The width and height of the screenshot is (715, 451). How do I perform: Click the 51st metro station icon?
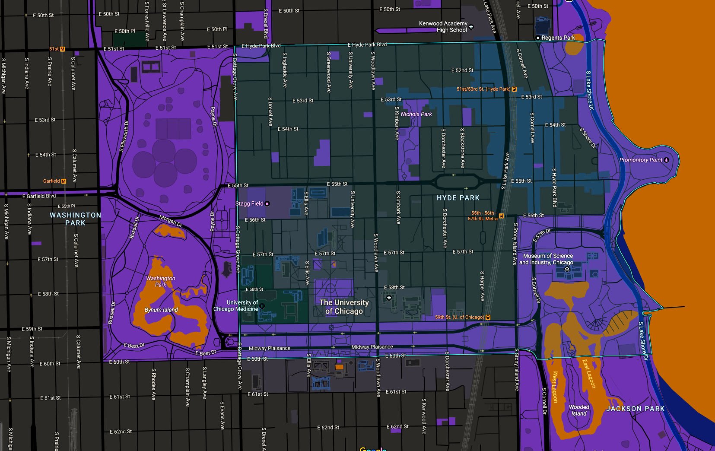(x=63, y=49)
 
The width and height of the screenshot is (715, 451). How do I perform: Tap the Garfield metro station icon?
(x=64, y=181)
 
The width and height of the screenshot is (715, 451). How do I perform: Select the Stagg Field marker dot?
(x=267, y=204)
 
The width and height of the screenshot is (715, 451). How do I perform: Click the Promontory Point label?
(x=641, y=160)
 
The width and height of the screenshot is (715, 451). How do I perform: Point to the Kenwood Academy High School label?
(x=443, y=27)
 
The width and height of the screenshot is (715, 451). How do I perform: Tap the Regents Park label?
(x=558, y=38)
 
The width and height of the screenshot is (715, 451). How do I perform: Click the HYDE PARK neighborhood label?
(x=458, y=198)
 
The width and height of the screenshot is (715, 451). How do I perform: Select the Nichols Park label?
(x=416, y=114)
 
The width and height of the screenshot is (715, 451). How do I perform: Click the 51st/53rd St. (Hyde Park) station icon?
(x=514, y=89)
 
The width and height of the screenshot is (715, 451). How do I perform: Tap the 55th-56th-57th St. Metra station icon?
(x=501, y=216)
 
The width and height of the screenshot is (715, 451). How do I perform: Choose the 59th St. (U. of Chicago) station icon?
(x=488, y=318)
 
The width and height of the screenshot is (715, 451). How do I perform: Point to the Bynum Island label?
(x=161, y=310)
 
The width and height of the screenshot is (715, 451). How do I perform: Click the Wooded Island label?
(x=579, y=410)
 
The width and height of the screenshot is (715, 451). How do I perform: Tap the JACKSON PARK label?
(x=635, y=409)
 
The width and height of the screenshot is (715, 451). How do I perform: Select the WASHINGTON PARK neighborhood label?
(x=75, y=219)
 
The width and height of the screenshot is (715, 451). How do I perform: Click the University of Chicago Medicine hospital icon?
(x=262, y=306)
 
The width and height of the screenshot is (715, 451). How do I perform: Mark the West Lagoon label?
(x=555, y=387)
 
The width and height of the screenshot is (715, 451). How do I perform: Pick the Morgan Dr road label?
(x=171, y=221)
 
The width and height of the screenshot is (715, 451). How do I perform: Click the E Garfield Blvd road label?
(x=39, y=196)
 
